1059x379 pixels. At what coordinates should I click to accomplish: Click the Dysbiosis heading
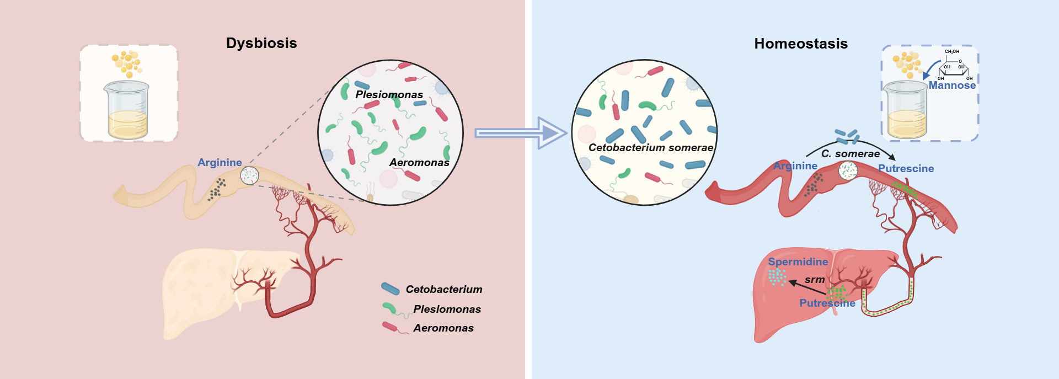click(x=261, y=43)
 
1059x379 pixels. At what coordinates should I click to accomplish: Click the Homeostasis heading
click(x=800, y=44)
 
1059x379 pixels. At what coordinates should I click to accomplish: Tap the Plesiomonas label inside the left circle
click(x=389, y=95)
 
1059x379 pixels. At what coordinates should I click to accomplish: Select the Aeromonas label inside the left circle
click(x=419, y=163)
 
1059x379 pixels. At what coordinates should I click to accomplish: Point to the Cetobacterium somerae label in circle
click(x=650, y=148)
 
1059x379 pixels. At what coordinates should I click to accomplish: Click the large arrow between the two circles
click(x=521, y=133)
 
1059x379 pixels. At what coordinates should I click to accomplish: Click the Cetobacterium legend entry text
click(x=443, y=290)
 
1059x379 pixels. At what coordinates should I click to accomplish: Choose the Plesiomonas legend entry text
click(x=447, y=309)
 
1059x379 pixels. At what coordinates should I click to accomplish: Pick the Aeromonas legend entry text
click(x=443, y=328)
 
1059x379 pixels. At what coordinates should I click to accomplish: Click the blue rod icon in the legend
click(x=391, y=289)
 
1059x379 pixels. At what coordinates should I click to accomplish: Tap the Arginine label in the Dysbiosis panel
click(x=220, y=163)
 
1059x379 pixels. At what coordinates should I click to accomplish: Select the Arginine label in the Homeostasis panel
click(x=795, y=166)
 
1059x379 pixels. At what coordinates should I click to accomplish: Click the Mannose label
click(x=952, y=86)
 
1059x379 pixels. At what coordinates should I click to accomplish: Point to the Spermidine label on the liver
click(x=798, y=262)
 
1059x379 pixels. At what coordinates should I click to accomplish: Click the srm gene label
click(x=815, y=280)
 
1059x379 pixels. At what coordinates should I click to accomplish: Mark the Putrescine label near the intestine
click(x=906, y=169)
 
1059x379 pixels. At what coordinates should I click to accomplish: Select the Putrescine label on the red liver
click(x=827, y=303)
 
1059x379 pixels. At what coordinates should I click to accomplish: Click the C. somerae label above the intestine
click(x=851, y=154)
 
